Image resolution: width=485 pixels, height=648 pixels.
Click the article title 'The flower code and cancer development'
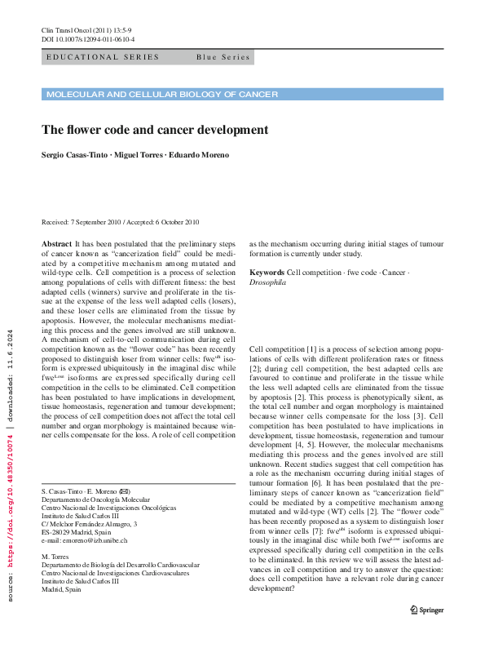click(x=155, y=129)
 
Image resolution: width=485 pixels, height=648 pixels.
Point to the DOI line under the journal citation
click(x=88, y=39)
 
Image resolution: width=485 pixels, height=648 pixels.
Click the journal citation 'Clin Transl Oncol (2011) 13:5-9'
click(x=90, y=30)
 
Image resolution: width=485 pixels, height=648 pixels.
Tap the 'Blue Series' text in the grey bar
click(x=223, y=57)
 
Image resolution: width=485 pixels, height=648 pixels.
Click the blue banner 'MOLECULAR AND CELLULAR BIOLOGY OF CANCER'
click(x=162, y=95)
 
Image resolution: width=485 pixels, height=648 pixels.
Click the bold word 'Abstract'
click(x=56, y=244)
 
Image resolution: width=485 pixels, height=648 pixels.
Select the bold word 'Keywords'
click(x=267, y=272)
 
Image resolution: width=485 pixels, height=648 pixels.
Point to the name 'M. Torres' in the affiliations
click(x=55, y=556)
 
